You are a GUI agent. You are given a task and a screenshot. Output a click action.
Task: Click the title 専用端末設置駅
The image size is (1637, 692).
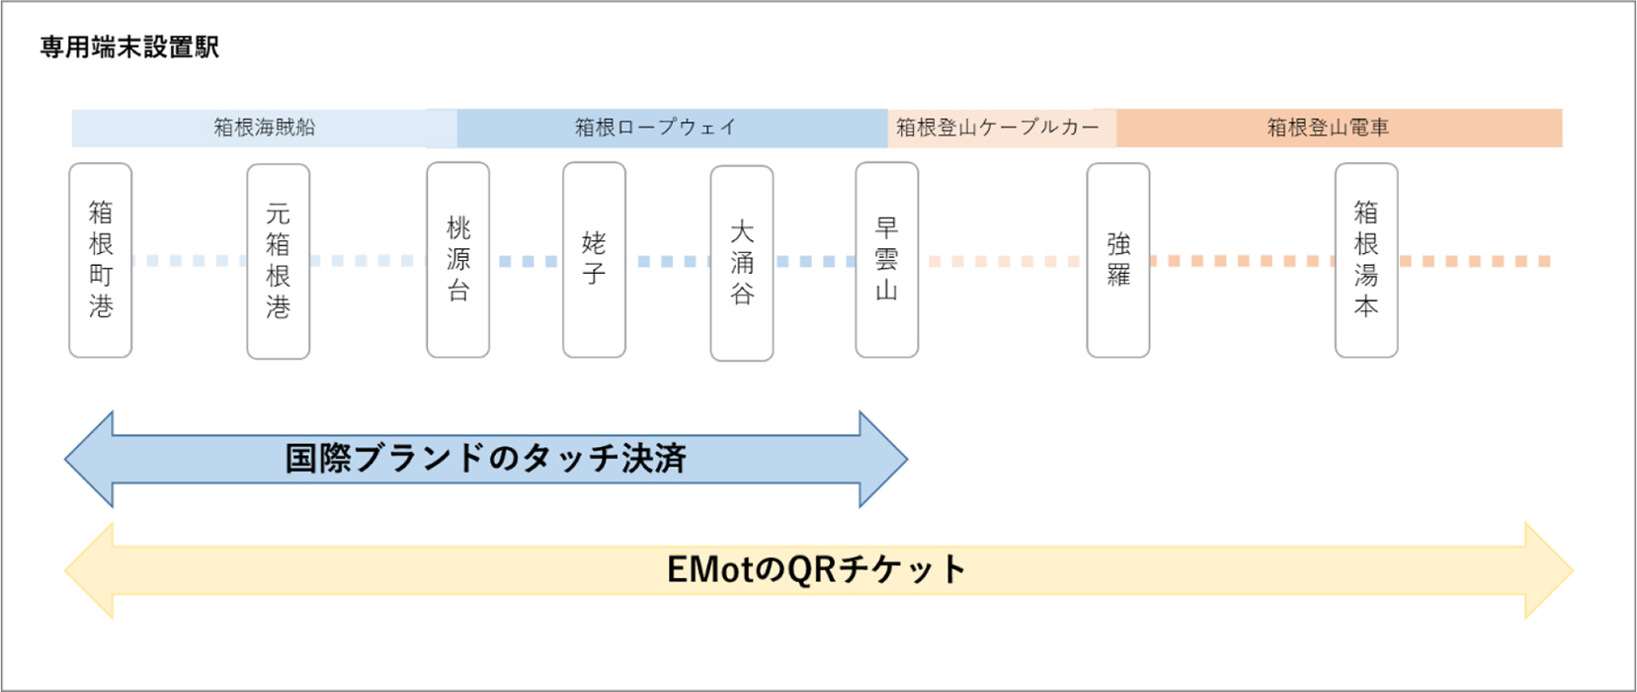(129, 47)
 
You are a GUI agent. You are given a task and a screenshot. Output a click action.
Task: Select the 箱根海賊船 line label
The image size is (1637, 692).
(264, 128)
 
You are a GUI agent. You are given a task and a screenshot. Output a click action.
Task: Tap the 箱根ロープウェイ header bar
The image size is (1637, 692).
(656, 128)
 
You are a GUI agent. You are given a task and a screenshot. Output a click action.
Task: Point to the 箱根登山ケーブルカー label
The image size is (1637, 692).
(997, 128)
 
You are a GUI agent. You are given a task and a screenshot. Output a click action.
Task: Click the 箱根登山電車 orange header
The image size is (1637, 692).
(1328, 128)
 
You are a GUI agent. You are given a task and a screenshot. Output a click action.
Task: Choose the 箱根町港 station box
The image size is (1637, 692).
(101, 260)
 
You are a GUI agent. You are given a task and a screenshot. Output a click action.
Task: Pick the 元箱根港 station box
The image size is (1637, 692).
(279, 261)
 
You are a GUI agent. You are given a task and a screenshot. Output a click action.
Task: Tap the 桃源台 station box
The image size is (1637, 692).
(458, 260)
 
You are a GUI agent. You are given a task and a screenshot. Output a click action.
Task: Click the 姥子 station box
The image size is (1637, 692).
(594, 260)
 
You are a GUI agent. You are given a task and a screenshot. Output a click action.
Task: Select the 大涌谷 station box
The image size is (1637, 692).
(742, 263)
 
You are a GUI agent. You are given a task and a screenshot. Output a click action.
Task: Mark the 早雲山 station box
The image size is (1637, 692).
(887, 260)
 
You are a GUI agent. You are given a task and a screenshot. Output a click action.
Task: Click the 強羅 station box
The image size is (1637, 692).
(1118, 260)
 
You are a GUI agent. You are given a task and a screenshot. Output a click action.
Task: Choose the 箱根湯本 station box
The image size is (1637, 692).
(1366, 260)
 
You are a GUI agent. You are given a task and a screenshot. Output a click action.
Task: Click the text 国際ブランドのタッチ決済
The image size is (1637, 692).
(485, 459)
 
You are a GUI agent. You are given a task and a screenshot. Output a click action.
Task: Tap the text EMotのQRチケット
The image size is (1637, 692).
(816, 570)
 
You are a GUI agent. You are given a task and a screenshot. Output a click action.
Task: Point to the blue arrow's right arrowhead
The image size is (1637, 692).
(882, 460)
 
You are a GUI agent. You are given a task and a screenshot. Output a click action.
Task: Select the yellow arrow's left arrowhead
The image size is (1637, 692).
(90, 570)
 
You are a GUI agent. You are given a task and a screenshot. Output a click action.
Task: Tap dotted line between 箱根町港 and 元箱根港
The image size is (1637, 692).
(189, 261)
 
